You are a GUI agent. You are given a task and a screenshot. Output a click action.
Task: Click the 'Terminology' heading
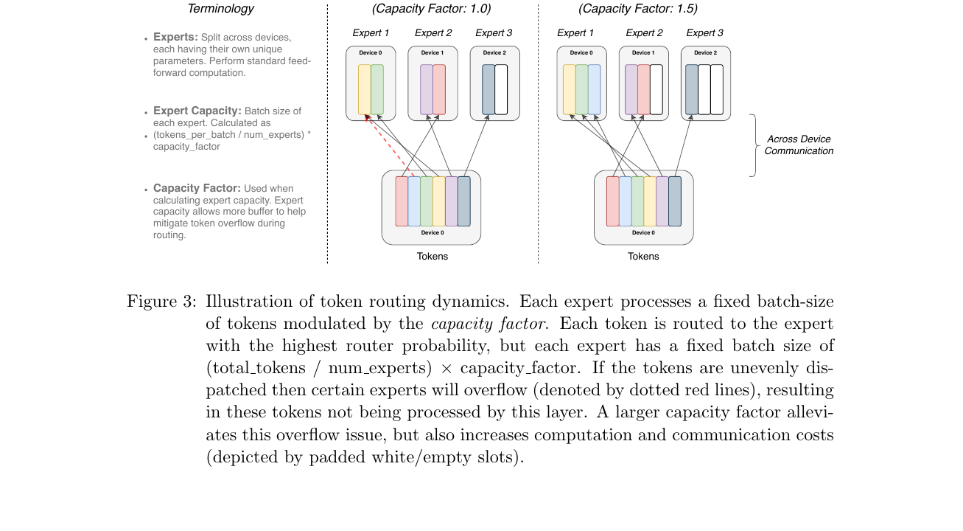(220, 9)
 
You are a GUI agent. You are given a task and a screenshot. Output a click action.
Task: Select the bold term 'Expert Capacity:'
(197, 111)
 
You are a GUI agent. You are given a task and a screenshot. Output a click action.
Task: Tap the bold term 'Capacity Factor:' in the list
(197, 188)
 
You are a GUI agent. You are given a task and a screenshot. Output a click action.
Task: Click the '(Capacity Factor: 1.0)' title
(431, 9)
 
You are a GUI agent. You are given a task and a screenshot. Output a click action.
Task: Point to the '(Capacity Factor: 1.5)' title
(638, 9)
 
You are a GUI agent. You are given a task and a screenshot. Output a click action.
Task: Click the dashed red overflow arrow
(390, 145)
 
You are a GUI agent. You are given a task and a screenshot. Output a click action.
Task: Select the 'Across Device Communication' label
(799, 145)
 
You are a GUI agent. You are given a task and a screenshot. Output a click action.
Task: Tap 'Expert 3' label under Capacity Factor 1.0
(494, 33)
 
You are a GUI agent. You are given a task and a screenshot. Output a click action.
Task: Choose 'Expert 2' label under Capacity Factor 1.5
(644, 33)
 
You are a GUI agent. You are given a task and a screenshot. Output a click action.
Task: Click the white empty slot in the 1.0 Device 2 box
(501, 89)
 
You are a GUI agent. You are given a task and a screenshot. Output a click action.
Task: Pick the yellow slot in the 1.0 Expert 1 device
(365, 89)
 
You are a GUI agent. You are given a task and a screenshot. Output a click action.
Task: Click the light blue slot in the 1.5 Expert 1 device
(594, 89)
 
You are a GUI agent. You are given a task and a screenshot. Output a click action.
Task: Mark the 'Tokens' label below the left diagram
(432, 257)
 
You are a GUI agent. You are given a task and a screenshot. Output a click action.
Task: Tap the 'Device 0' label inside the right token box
(643, 233)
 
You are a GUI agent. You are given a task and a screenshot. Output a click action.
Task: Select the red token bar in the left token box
(402, 201)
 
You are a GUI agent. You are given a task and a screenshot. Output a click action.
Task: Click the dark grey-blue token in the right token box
(675, 201)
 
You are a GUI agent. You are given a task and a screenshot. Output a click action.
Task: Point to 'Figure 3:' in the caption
(161, 301)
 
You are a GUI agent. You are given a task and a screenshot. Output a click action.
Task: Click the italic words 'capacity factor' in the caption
(490, 324)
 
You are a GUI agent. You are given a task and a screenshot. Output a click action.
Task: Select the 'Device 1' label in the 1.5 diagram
(643, 53)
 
